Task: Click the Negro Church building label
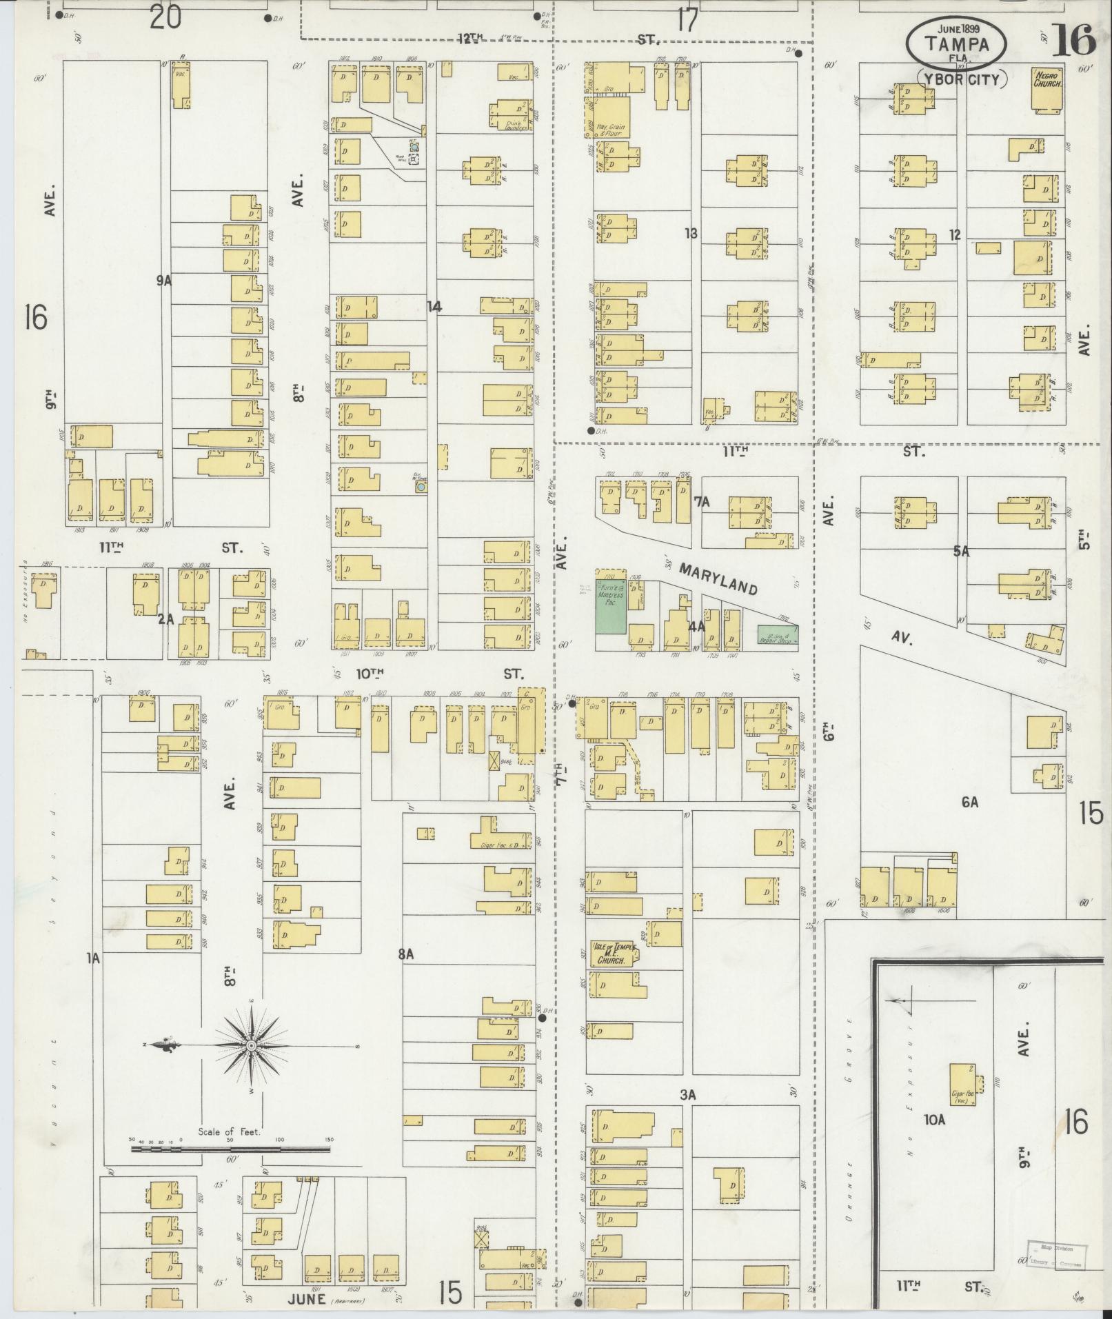click(x=1047, y=79)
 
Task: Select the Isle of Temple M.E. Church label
click(x=612, y=954)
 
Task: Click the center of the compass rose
click(x=252, y=1046)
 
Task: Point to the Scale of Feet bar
click(x=231, y=1149)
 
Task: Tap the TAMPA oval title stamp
click(x=956, y=45)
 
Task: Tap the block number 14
click(x=434, y=306)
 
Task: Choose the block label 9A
click(x=163, y=281)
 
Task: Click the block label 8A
click(x=405, y=954)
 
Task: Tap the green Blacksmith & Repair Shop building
click(x=777, y=634)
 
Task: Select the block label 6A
click(x=970, y=802)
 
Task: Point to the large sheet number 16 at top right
click(x=1074, y=40)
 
